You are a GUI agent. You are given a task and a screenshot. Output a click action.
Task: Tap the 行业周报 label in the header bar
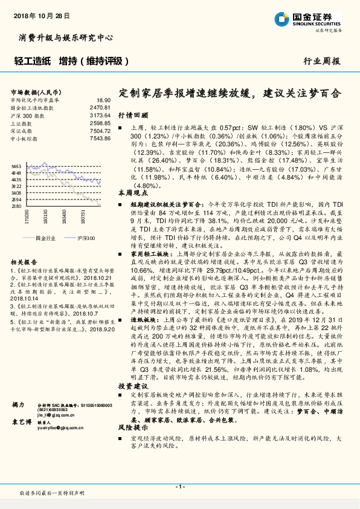tap(321, 62)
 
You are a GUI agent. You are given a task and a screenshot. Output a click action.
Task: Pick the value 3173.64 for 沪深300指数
tap(100, 114)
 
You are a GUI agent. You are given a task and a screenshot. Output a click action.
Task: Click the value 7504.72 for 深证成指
tap(100, 131)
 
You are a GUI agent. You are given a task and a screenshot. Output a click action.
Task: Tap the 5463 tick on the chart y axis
tap(16, 166)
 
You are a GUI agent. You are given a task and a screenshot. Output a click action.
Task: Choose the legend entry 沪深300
tap(86, 239)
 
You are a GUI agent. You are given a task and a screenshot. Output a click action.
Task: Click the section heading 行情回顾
tap(130, 114)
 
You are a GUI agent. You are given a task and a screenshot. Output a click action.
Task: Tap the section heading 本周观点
tap(130, 193)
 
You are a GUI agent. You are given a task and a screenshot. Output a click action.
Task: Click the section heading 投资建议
tap(130, 368)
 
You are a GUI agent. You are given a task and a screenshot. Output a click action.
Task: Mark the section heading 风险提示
tap(130, 410)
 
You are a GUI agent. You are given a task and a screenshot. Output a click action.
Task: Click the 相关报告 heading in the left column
tap(22, 262)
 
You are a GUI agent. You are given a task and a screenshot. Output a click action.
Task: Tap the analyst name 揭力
tap(18, 403)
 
